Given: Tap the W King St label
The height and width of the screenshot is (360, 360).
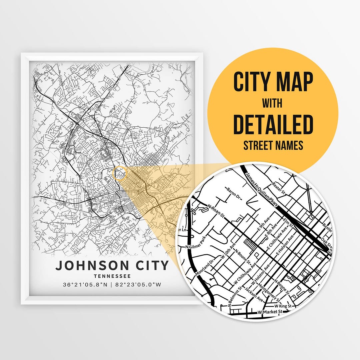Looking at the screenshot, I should [x=283, y=306].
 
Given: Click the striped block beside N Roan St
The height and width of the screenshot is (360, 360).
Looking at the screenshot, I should [x=250, y=244].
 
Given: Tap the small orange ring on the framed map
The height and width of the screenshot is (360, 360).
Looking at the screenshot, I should [x=120, y=174].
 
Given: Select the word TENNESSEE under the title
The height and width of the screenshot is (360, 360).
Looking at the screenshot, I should [x=112, y=276].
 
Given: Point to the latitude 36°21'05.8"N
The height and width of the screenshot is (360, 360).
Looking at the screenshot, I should [x=85, y=285].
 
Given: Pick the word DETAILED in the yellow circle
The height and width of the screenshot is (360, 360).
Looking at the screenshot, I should [x=273, y=124].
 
